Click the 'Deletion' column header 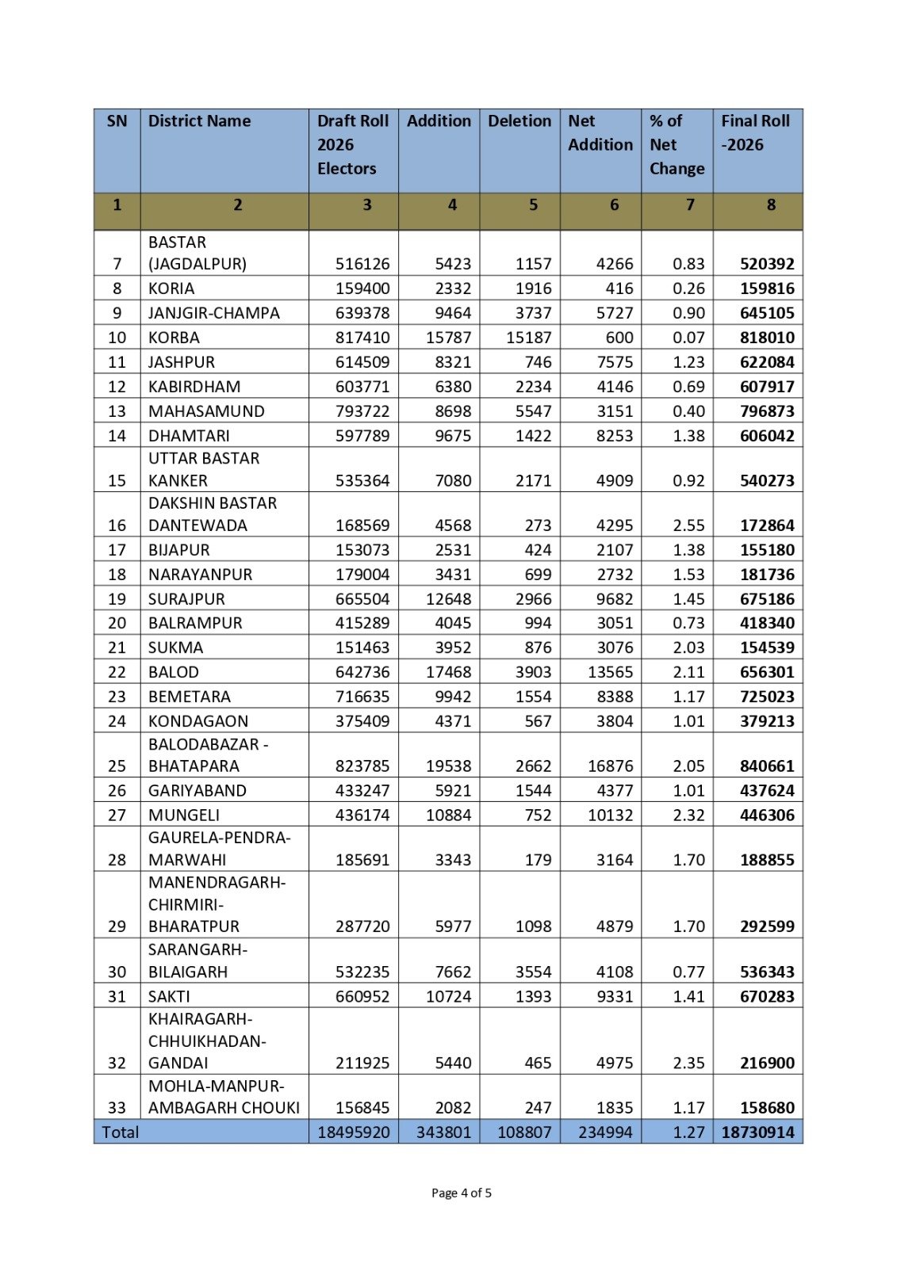tap(519, 121)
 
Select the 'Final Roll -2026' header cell tap(755, 133)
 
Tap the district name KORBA tap(174, 338)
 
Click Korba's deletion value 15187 tap(529, 338)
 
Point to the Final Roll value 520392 tap(767, 264)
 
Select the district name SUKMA tap(175, 647)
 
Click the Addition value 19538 tap(448, 766)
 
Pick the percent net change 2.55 tap(688, 525)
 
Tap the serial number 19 tap(117, 599)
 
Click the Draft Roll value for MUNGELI tap(362, 815)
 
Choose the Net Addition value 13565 tap(610, 672)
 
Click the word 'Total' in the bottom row tap(121, 1132)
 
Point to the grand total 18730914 tap(757, 1132)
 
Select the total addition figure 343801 tap(443, 1132)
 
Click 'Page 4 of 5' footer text tap(461, 1193)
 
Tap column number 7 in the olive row tap(690, 205)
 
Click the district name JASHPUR tap(181, 362)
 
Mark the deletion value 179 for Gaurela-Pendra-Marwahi tap(538, 860)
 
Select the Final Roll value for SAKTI tap(767, 996)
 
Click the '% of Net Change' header tap(677, 145)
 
